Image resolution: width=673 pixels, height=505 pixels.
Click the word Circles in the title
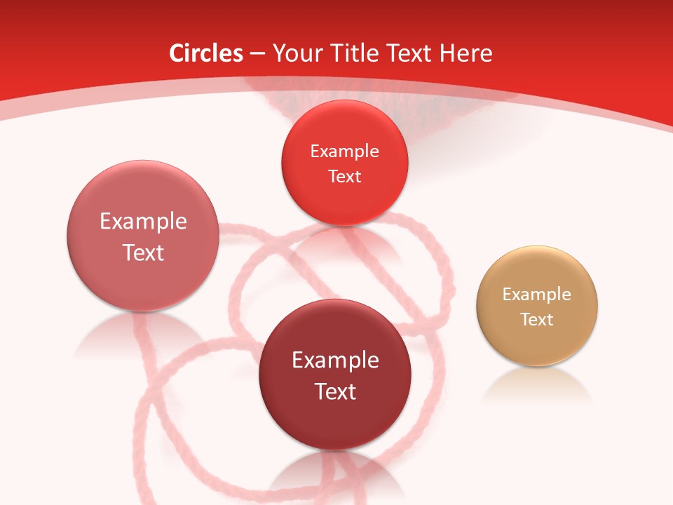point(206,53)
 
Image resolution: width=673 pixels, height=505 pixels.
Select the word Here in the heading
point(465,53)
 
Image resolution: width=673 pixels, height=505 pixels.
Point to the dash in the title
point(257,54)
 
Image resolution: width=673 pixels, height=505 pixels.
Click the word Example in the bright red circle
point(344,151)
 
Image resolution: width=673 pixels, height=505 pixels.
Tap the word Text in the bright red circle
point(344,176)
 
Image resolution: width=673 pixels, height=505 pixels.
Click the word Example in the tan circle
point(537,295)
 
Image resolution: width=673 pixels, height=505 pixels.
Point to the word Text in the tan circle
point(537,320)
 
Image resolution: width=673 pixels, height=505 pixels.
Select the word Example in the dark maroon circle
point(335,361)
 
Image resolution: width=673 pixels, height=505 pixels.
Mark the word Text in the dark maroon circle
point(335,391)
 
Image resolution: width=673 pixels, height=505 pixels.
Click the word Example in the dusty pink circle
point(143,222)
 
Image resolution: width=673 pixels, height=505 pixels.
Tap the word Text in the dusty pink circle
point(143,252)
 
